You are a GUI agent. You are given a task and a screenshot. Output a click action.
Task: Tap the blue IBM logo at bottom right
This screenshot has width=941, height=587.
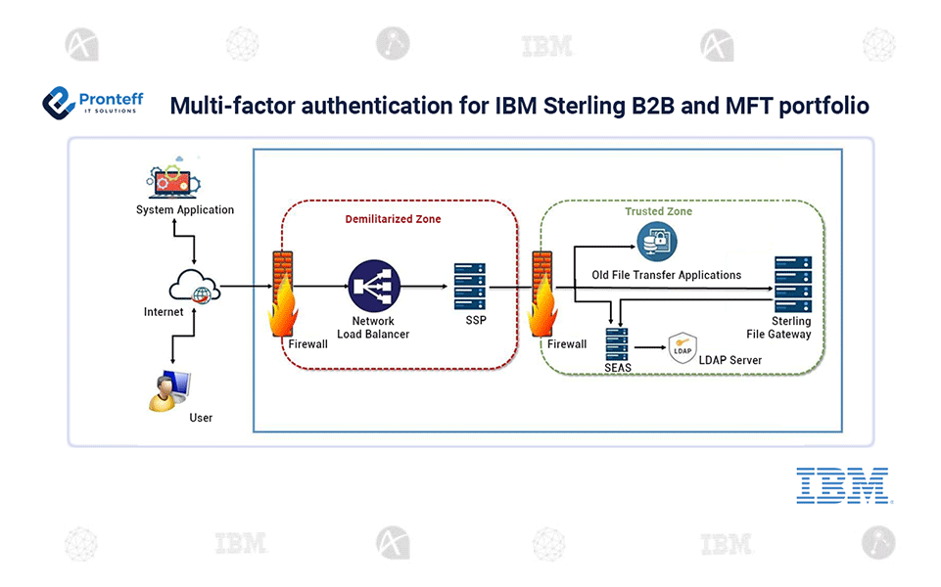click(842, 485)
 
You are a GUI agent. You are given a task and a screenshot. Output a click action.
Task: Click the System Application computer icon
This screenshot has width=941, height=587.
click(183, 182)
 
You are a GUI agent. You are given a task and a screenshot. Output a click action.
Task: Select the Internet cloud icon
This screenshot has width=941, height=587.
click(193, 287)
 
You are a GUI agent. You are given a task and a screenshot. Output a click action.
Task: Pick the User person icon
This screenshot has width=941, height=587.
click(168, 386)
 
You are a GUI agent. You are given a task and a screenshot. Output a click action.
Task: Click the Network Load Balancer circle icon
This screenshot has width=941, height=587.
click(372, 287)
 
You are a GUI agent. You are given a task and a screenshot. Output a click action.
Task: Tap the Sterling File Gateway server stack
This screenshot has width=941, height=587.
click(792, 283)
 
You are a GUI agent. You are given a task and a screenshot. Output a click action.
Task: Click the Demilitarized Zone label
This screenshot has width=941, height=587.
click(393, 219)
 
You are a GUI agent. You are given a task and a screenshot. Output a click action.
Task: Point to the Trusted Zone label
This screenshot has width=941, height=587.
click(658, 211)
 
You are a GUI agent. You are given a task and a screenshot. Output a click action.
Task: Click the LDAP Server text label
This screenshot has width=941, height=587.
click(729, 360)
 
